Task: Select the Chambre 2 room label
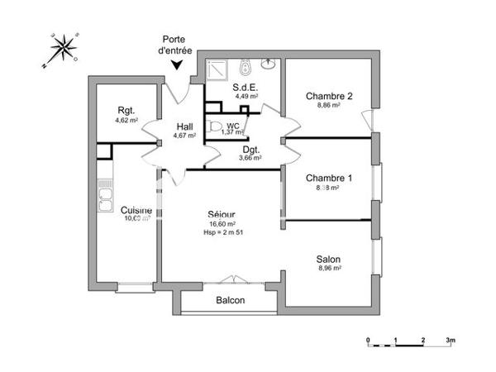point(329,96)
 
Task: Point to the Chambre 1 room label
point(329,179)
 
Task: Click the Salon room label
point(328,259)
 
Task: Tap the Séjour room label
point(221,214)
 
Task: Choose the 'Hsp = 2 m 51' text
point(221,232)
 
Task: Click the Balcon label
point(231,300)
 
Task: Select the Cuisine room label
point(136,210)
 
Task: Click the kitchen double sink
point(106,198)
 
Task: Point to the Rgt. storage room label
point(126,110)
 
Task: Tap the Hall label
point(184,126)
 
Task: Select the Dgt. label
point(250,149)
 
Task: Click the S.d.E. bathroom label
point(246,87)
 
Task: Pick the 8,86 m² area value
point(329,106)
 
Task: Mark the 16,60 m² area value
point(221,223)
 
